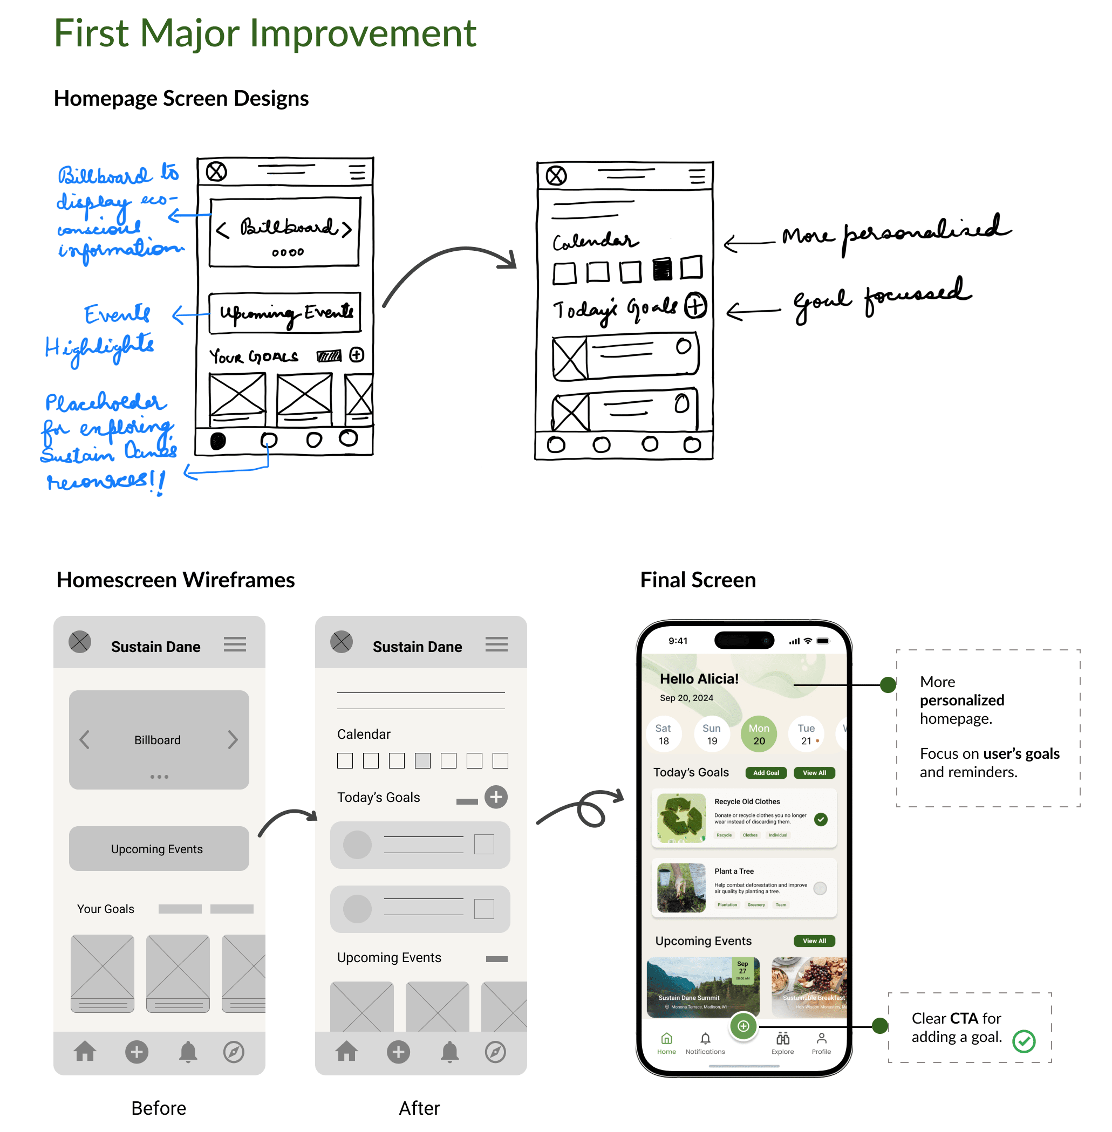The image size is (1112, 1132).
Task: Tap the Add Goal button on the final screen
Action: tap(766, 772)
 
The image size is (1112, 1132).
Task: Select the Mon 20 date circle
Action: tap(759, 734)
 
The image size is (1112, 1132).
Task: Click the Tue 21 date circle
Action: tap(806, 734)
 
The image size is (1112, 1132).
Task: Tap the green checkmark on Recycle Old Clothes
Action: tap(821, 819)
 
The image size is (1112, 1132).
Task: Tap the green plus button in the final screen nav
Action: tap(743, 1026)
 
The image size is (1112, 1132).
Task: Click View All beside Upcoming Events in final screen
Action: tap(814, 941)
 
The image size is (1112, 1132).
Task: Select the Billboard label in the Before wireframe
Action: tap(157, 740)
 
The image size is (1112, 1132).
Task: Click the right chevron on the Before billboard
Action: tap(233, 740)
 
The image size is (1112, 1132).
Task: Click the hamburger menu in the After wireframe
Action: tap(496, 644)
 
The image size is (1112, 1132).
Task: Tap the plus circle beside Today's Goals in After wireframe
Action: tap(496, 797)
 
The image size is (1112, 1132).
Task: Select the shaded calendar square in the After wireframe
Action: tap(422, 760)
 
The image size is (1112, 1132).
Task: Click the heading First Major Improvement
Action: tap(265, 33)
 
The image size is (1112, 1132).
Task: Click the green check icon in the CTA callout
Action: tap(1024, 1041)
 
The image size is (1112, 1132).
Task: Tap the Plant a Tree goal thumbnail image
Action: tap(681, 887)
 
